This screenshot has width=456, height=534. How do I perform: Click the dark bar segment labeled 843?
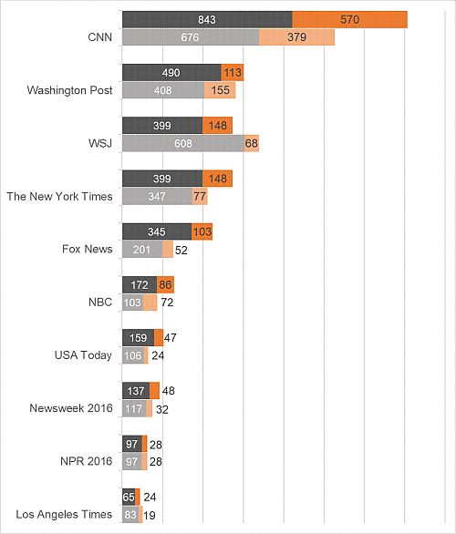[x=207, y=19]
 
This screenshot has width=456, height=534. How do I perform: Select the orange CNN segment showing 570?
[x=350, y=19]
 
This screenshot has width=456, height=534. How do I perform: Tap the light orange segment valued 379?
[x=296, y=37]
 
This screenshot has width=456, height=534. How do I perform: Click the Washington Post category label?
[x=69, y=90]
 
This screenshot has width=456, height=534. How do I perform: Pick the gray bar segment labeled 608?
[x=183, y=143]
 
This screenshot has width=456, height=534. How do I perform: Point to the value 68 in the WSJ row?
[x=251, y=143]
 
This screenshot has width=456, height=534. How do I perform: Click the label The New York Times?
[x=59, y=197]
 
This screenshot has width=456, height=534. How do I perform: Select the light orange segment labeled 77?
[x=200, y=197]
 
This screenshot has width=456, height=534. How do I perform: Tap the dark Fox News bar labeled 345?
[x=157, y=231]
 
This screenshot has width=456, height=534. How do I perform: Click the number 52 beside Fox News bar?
[x=181, y=251]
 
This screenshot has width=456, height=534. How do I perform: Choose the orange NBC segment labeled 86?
[x=165, y=284]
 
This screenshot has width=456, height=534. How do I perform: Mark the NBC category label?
[x=100, y=302]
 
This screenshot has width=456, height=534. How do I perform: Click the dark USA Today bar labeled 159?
[x=139, y=338]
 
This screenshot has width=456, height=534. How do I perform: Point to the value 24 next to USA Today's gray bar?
[x=158, y=356]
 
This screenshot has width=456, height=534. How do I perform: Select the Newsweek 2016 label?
[x=71, y=408]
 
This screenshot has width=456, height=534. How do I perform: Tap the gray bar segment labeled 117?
[x=134, y=408]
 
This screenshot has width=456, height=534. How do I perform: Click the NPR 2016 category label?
[x=87, y=461]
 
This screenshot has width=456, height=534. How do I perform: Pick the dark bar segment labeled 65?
[x=129, y=497]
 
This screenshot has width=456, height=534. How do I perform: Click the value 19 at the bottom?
[x=149, y=516]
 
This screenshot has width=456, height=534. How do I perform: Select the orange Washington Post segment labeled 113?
[x=233, y=73]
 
